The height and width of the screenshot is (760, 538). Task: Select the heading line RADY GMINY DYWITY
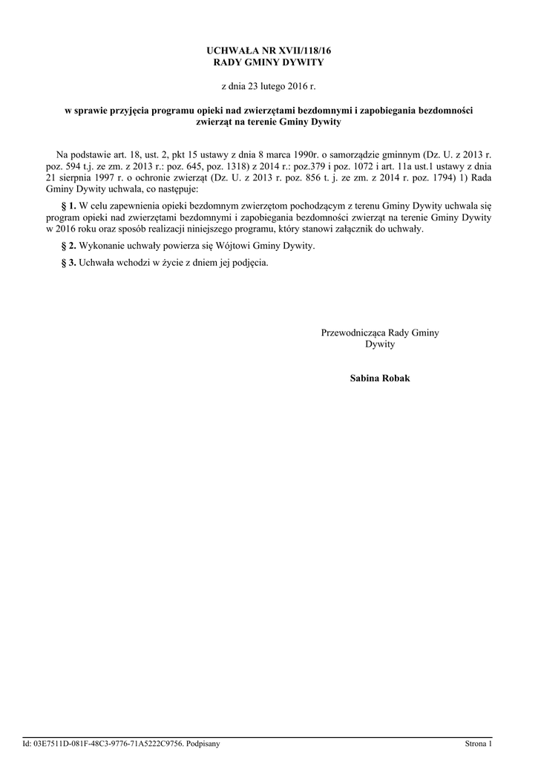click(x=269, y=62)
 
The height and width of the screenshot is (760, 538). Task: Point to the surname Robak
click(x=395, y=379)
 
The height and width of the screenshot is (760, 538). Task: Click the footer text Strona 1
click(x=478, y=743)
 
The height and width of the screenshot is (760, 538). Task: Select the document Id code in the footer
click(x=108, y=743)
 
